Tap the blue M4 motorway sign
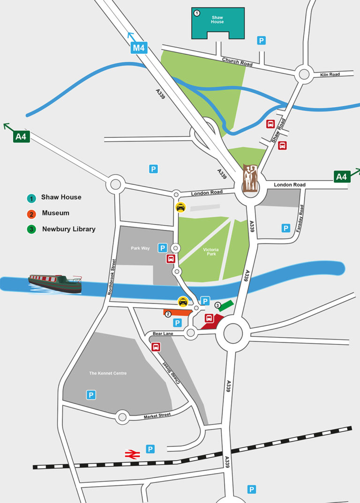[139, 47]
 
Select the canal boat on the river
[55, 283]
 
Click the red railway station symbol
[132, 454]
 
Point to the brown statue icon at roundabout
[250, 178]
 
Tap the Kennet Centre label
[108, 373]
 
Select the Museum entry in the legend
[55, 213]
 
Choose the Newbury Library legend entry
[68, 229]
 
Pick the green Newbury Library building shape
[226, 305]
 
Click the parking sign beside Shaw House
[262, 41]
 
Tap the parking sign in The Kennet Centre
[91, 395]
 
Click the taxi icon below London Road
[180, 207]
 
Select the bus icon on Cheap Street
[156, 347]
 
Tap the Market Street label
[157, 415]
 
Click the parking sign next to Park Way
[162, 248]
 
